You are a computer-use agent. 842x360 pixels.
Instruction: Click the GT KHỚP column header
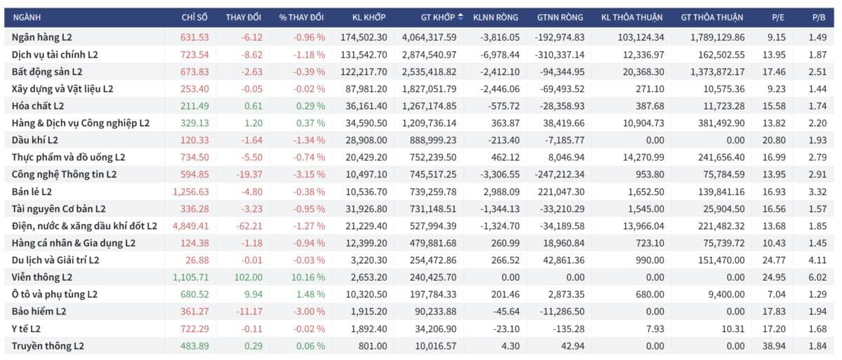[x=438, y=18]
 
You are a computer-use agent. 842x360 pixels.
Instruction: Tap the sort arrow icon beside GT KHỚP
[x=460, y=17]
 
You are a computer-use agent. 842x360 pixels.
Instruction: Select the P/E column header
[x=777, y=18]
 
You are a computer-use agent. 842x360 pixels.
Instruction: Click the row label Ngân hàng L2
[x=41, y=37]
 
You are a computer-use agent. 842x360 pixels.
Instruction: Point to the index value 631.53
[x=194, y=38]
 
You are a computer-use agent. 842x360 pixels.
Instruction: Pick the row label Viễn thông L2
[x=41, y=277]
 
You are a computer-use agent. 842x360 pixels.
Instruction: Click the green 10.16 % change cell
[x=308, y=277]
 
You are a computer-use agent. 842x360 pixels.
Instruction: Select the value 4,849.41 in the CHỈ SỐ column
[x=191, y=226]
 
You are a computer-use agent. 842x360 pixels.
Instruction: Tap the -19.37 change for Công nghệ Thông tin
[x=249, y=175]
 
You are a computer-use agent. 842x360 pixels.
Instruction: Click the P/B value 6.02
[x=817, y=277]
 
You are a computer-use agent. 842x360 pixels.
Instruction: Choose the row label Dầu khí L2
[x=35, y=140]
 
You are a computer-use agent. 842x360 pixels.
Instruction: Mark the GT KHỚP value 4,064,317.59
[x=429, y=38]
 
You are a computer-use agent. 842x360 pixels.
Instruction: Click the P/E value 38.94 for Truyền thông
[x=774, y=346]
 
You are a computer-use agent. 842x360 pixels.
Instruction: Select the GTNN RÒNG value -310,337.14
[x=560, y=55]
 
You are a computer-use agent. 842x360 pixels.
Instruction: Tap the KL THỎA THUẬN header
[x=632, y=18]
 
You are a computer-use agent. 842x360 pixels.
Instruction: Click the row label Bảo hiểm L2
[x=39, y=312]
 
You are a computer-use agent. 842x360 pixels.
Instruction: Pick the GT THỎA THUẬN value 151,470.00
[x=721, y=260]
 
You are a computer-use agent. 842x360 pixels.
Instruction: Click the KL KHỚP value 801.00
[x=373, y=346]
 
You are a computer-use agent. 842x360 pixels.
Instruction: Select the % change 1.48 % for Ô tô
[x=310, y=295]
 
